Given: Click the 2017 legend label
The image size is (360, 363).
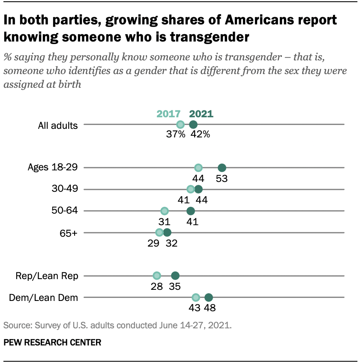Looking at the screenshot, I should [x=168, y=114].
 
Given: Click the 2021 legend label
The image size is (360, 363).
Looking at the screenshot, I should [x=201, y=114].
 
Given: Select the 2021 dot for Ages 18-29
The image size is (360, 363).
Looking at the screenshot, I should [x=222, y=168].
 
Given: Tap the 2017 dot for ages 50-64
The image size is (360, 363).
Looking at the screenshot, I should [x=165, y=211].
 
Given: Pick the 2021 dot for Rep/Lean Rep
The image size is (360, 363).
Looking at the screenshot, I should [x=175, y=276].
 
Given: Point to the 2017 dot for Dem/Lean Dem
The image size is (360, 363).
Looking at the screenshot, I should [x=196, y=298].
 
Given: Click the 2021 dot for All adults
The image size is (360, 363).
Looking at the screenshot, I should [x=193, y=125].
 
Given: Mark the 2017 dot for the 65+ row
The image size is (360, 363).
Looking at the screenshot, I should [x=159, y=232].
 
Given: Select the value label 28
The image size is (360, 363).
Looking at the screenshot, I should [x=157, y=287].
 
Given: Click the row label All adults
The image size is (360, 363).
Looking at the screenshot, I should [x=58, y=125].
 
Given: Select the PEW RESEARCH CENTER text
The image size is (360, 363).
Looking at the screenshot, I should [x=52, y=342].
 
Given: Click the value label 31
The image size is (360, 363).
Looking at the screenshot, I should [x=165, y=222].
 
